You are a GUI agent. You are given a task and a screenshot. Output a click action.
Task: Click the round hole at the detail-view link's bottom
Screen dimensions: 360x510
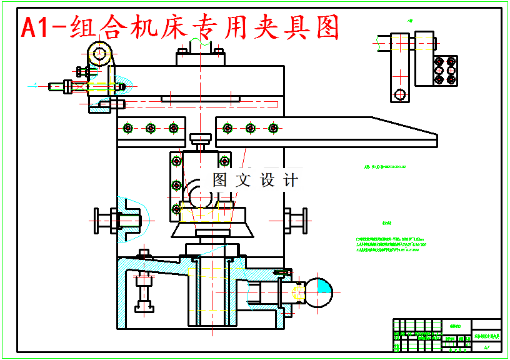click(x=399, y=94)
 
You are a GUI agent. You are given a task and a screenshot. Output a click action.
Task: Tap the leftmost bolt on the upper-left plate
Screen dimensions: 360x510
click(x=128, y=128)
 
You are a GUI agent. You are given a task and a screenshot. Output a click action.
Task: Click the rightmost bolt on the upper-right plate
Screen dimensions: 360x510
click(x=272, y=128)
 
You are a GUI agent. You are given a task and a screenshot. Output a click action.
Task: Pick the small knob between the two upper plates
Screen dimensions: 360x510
click(x=201, y=139)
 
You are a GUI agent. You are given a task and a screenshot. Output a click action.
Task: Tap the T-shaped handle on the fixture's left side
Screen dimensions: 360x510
click(x=104, y=220)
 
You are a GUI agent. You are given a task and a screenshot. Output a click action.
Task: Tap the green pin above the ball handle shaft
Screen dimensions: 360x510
click(x=283, y=272)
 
